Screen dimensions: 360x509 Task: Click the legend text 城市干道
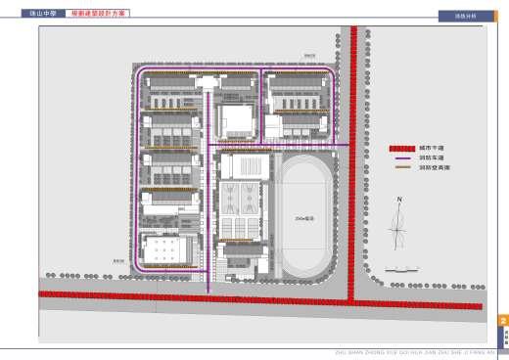point(429,148)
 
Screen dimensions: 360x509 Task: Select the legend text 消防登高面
point(431,168)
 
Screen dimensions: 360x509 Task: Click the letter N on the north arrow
point(399,200)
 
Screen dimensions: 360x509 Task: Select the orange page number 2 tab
point(503,322)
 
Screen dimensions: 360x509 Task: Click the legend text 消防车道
point(429,157)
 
